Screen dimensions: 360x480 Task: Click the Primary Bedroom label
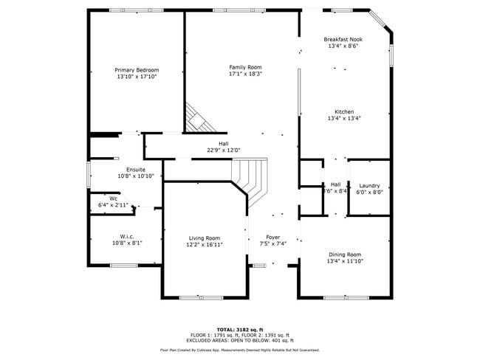point(137,69)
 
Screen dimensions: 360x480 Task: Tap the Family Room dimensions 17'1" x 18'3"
point(245,75)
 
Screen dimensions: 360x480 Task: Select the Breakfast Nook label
point(343,39)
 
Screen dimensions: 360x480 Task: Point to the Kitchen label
point(343,111)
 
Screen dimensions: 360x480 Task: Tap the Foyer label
point(273,238)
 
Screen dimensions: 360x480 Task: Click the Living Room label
point(205,238)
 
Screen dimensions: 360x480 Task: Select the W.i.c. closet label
point(122,236)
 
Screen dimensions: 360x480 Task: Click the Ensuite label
point(135,170)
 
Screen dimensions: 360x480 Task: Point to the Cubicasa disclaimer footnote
point(239,350)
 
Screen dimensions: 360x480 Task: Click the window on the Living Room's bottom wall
point(201,297)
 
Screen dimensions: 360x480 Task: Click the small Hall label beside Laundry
point(335,184)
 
